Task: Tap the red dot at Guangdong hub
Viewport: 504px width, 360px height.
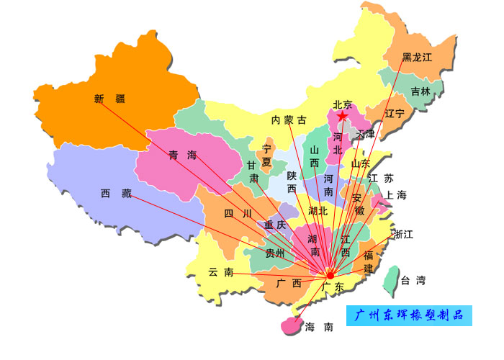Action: [330, 275]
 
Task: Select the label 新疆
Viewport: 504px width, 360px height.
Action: [109, 99]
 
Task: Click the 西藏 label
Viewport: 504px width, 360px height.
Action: [116, 193]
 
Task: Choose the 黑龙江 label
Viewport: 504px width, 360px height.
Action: [417, 57]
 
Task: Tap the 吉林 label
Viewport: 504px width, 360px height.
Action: [420, 91]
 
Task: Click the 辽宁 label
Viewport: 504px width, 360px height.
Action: [395, 114]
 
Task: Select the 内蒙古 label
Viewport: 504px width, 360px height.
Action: [289, 120]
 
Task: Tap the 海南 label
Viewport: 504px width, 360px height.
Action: [319, 327]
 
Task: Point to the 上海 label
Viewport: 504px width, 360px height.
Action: [396, 195]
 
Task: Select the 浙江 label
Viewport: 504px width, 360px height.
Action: [403, 234]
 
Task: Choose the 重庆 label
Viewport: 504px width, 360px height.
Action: [275, 225]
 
